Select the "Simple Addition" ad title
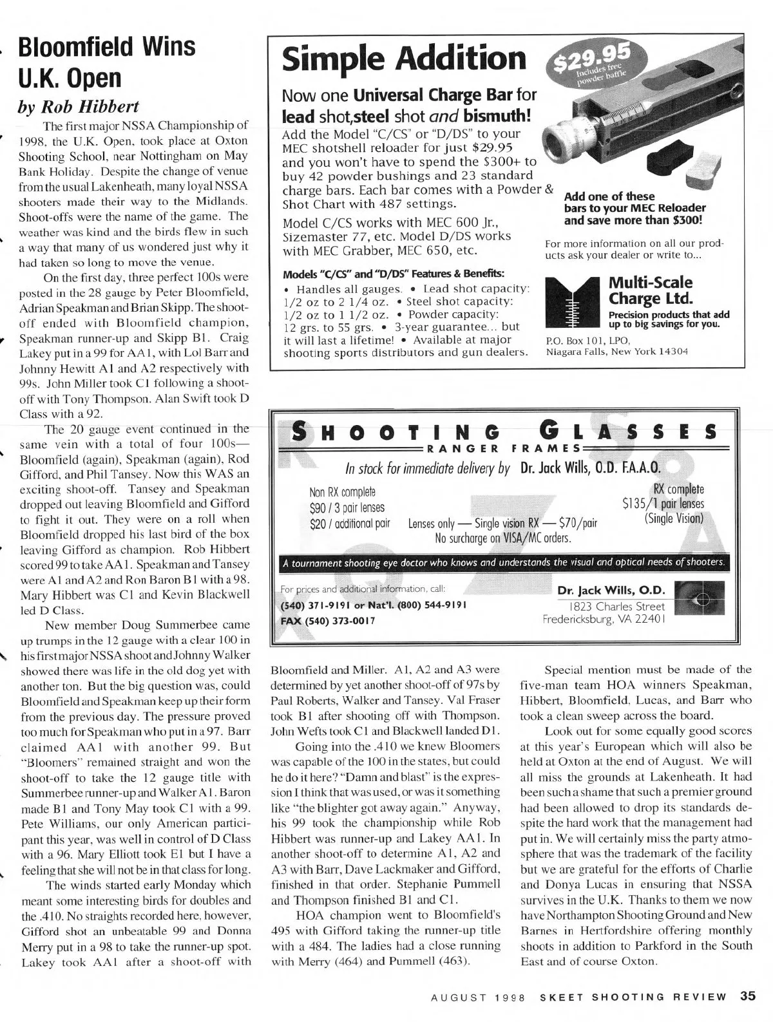pyautogui.click(x=405, y=60)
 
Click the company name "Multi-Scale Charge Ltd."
pyautogui.click(x=651, y=290)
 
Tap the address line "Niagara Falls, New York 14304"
pyautogui.click(x=617, y=352)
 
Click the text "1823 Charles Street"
pyautogui.click(x=615, y=607)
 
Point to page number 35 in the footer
pyautogui.click(x=747, y=996)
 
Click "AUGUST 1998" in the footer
pyautogui.click(x=479, y=997)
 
